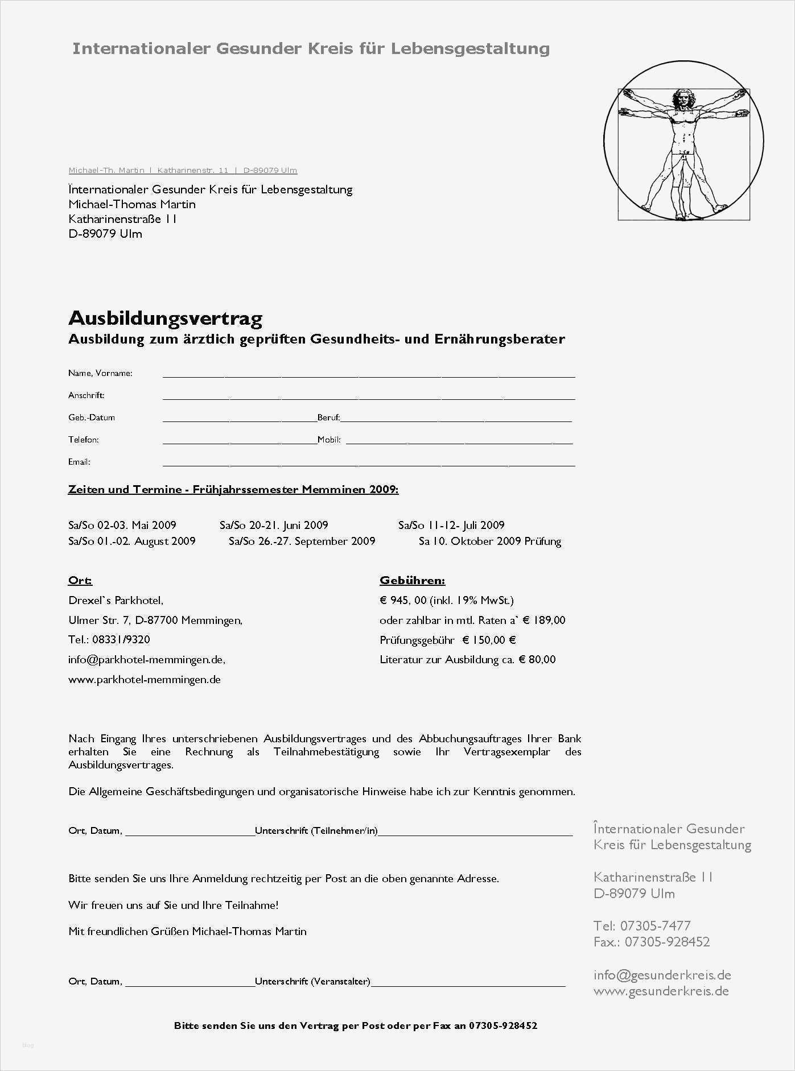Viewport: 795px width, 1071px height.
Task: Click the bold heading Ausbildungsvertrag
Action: (x=165, y=318)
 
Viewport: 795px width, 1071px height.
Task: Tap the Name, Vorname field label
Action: (x=100, y=373)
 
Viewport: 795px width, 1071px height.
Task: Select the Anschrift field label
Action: (x=86, y=395)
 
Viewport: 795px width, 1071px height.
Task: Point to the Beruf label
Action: (x=329, y=417)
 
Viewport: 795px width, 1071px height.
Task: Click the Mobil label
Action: (x=329, y=440)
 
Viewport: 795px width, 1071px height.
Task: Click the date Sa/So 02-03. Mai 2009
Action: (x=122, y=525)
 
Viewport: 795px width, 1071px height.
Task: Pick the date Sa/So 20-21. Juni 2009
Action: (x=274, y=525)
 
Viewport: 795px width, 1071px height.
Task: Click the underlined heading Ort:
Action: (x=80, y=581)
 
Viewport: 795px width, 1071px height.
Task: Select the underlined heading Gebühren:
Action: (x=412, y=581)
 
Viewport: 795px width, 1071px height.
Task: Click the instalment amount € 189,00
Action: (x=544, y=621)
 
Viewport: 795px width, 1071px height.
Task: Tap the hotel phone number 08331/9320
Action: (x=121, y=640)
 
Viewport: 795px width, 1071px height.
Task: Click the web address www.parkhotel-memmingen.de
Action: (x=145, y=680)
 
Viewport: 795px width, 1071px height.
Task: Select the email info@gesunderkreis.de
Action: (x=662, y=975)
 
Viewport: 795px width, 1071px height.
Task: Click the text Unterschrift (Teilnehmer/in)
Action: (x=316, y=831)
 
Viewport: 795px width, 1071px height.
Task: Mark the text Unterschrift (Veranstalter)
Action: (x=312, y=981)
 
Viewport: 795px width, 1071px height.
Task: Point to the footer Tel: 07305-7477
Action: (x=642, y=925)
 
